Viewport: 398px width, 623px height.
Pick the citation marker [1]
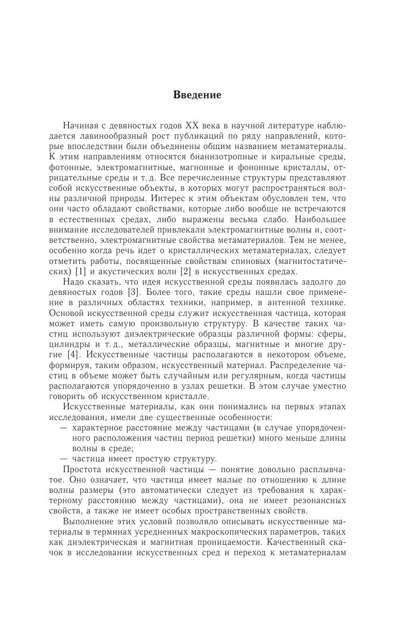pyautogui.click(x=80, y=272)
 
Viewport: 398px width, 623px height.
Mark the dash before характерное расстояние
pyautogui.click(x=64, y=427)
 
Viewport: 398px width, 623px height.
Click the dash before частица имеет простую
pyautogui.click(x=64, y=459)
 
